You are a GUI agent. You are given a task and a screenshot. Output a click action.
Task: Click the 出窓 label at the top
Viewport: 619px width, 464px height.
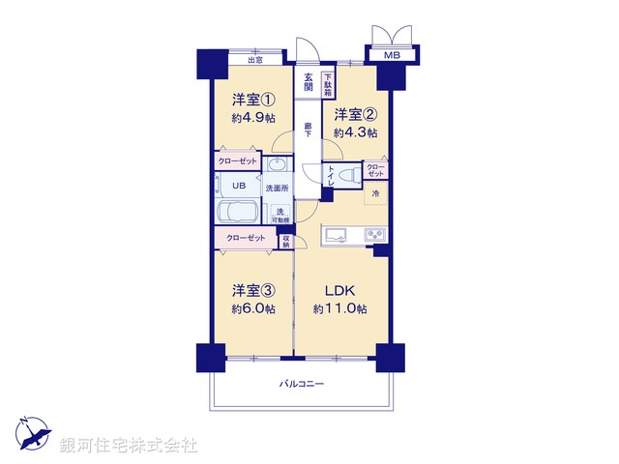255,60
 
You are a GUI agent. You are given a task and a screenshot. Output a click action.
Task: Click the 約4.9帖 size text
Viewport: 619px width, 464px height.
252,118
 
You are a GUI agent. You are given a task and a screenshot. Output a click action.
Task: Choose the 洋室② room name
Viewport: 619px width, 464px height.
355,114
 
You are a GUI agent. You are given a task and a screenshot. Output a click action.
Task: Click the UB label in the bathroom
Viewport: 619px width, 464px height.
237,186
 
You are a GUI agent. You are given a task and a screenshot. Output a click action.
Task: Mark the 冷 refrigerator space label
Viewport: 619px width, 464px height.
375,195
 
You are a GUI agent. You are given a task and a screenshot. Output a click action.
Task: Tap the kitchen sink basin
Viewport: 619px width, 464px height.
337,234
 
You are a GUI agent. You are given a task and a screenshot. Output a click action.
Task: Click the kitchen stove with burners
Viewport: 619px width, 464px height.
373,234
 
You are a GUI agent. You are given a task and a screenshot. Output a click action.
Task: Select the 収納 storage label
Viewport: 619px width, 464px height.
285,242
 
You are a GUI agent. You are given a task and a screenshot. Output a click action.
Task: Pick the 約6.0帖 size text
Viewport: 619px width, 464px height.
252,308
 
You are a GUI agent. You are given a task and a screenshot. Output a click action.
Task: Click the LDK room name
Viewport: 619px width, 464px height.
339,289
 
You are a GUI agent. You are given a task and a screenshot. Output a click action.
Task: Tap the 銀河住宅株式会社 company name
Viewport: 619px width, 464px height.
128,446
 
